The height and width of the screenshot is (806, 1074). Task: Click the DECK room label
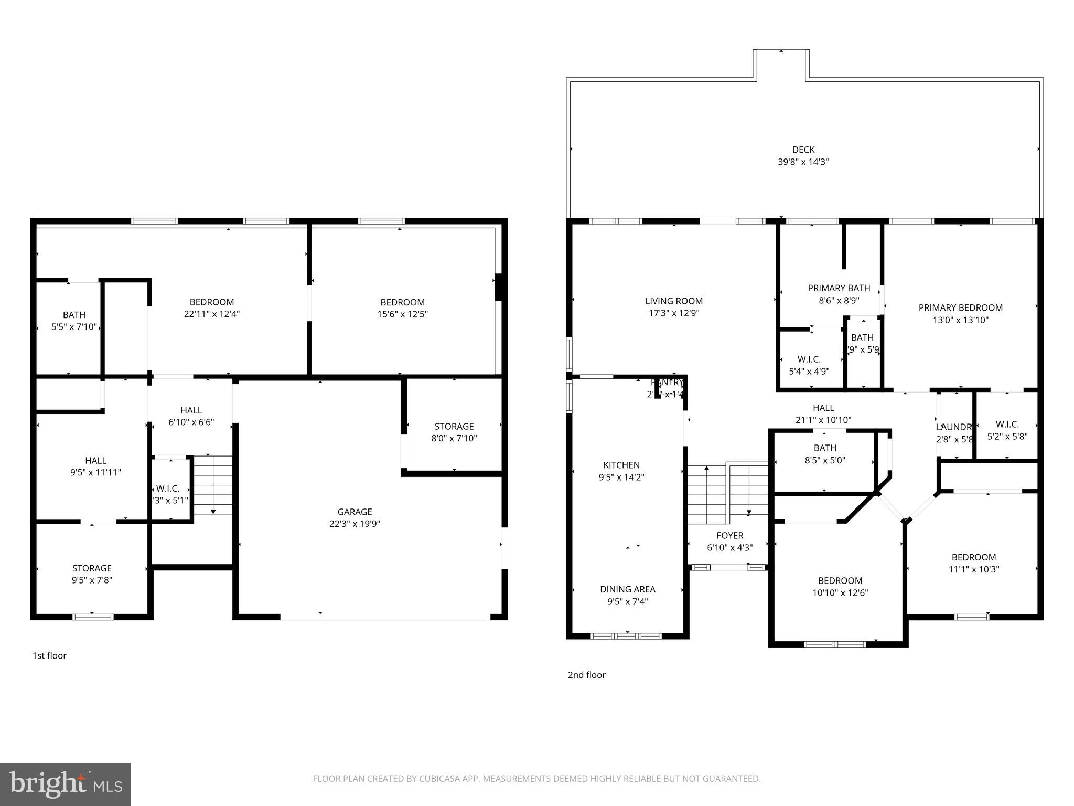click(x=803, y=150)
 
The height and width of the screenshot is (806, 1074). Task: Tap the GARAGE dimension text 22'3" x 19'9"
click(x=355, y=524)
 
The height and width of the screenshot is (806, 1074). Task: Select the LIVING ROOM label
click(x=674, y=301)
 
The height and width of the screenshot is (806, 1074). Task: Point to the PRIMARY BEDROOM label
click(x=960, y=308)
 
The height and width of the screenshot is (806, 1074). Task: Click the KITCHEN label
click(x=621, y=465)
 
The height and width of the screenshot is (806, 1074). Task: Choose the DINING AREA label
click(x=628, y=589)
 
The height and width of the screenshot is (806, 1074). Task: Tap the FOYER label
click(x=729, y=536)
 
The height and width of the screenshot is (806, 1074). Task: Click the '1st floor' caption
click(x=49, y=655)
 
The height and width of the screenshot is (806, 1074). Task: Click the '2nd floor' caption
click(x=586, y=675)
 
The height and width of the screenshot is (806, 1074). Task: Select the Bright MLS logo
click(x=66, y=784)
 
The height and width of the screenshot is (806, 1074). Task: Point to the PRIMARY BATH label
click(x=839, y=288)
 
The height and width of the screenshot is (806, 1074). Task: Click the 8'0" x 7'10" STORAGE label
click(x=454, y=432)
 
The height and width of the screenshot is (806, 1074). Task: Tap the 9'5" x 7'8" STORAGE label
click(x=92, y=574)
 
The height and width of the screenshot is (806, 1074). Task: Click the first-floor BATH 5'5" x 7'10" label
click(x=74, y=321)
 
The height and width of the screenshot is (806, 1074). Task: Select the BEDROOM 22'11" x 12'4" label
click(x=212, y=308)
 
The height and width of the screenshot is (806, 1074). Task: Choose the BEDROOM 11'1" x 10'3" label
click(x=974, y=563)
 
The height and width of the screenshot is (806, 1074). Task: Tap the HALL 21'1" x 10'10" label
click(x=823, y=413)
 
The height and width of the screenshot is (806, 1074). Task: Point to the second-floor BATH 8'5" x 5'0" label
click(x=825, y=454)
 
